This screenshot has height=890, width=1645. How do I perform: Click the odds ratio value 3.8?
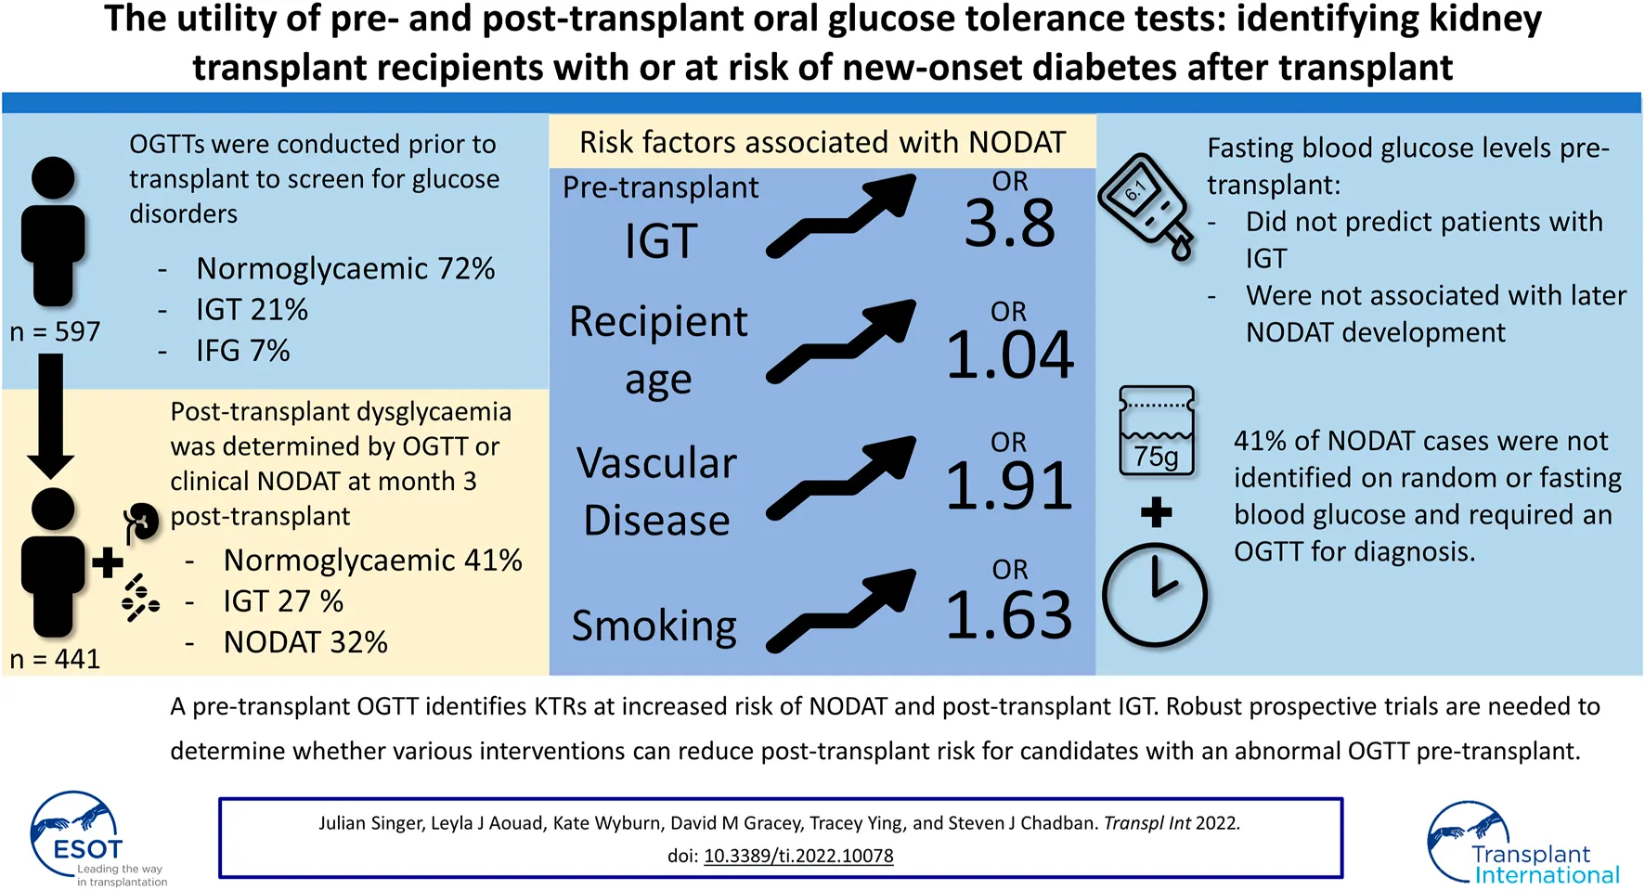click(1010, 224)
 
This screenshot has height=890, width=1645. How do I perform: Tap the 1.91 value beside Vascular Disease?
click(1010, 485)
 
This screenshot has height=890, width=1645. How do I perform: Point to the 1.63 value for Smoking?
click(1010, 614)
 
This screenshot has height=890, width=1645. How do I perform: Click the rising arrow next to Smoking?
click(841, 611)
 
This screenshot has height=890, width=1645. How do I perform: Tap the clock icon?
click(1155, 595)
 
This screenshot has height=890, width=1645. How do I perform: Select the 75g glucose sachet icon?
click(1157, 432)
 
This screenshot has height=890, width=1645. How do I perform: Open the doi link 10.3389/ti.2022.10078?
click(798, 856)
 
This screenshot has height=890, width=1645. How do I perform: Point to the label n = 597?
click(55, 331)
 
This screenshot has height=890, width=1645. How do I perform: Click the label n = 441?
click(55, 659)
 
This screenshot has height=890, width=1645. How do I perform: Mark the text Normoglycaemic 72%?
click(345, 269)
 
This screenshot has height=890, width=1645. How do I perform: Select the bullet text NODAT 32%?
click(305, 642)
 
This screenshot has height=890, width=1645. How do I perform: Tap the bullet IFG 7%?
click(242, 351)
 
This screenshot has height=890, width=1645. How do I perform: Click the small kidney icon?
click(141, 522)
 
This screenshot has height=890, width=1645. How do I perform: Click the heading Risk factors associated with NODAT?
click(822, 142)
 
